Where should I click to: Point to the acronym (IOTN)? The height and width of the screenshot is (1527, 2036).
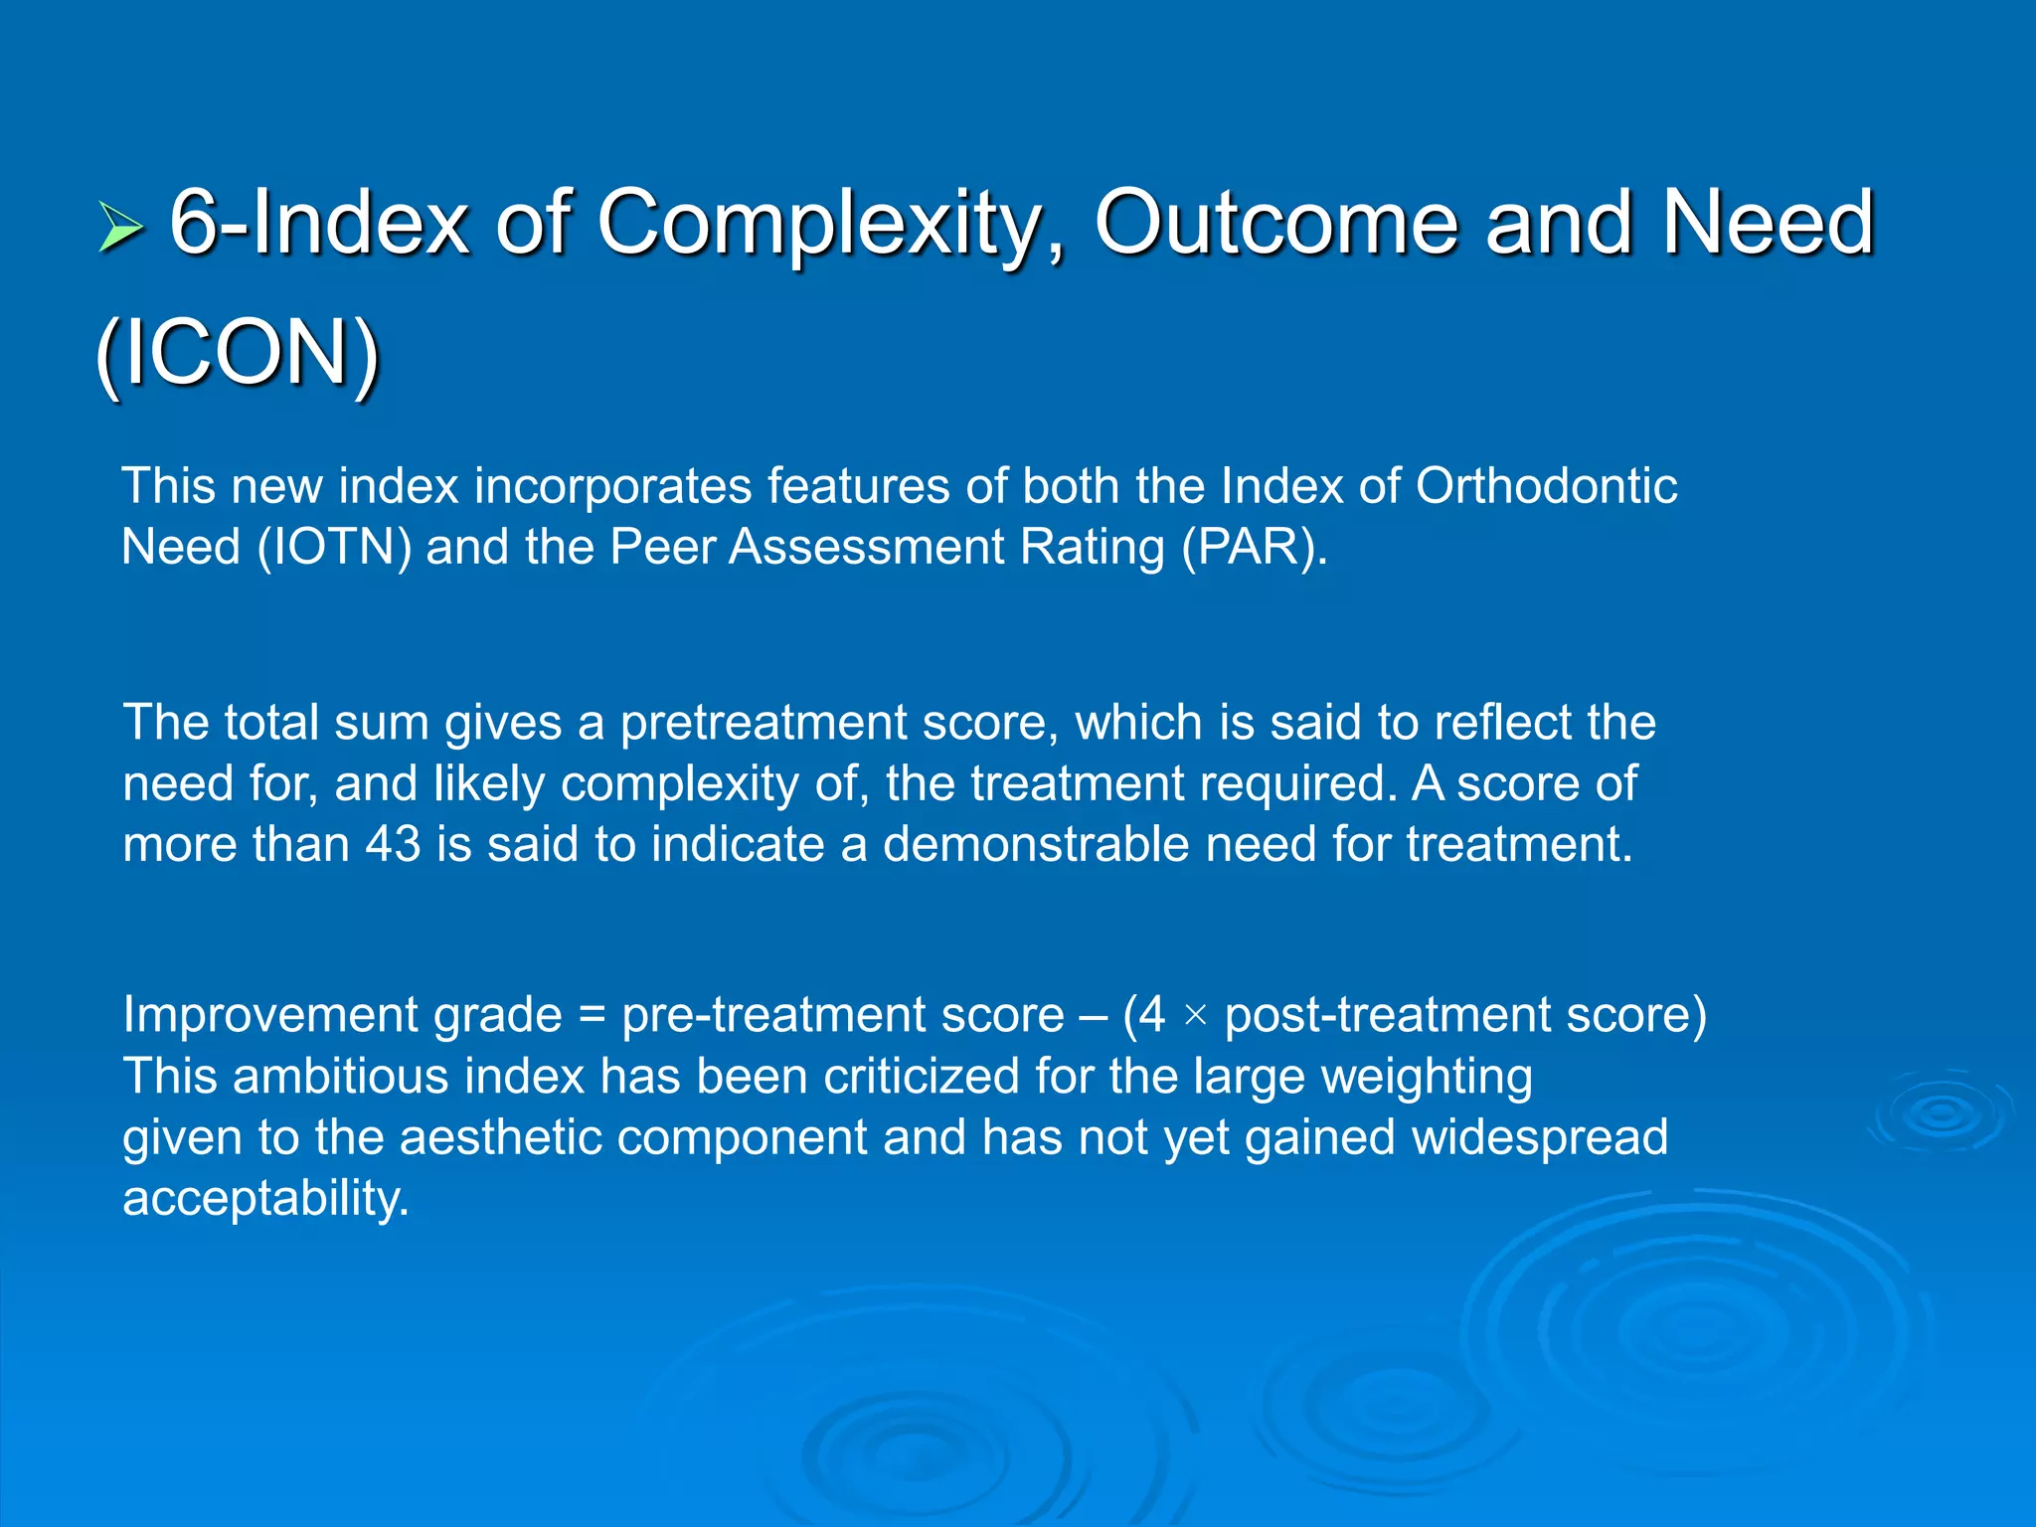[334, 548]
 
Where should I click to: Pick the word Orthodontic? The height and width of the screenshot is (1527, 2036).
[1546, 487]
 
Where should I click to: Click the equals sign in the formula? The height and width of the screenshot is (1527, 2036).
[592, 1016]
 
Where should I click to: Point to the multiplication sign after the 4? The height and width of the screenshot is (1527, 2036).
[1195, 1016]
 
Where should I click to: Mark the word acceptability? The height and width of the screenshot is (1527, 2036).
[265, 1199]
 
